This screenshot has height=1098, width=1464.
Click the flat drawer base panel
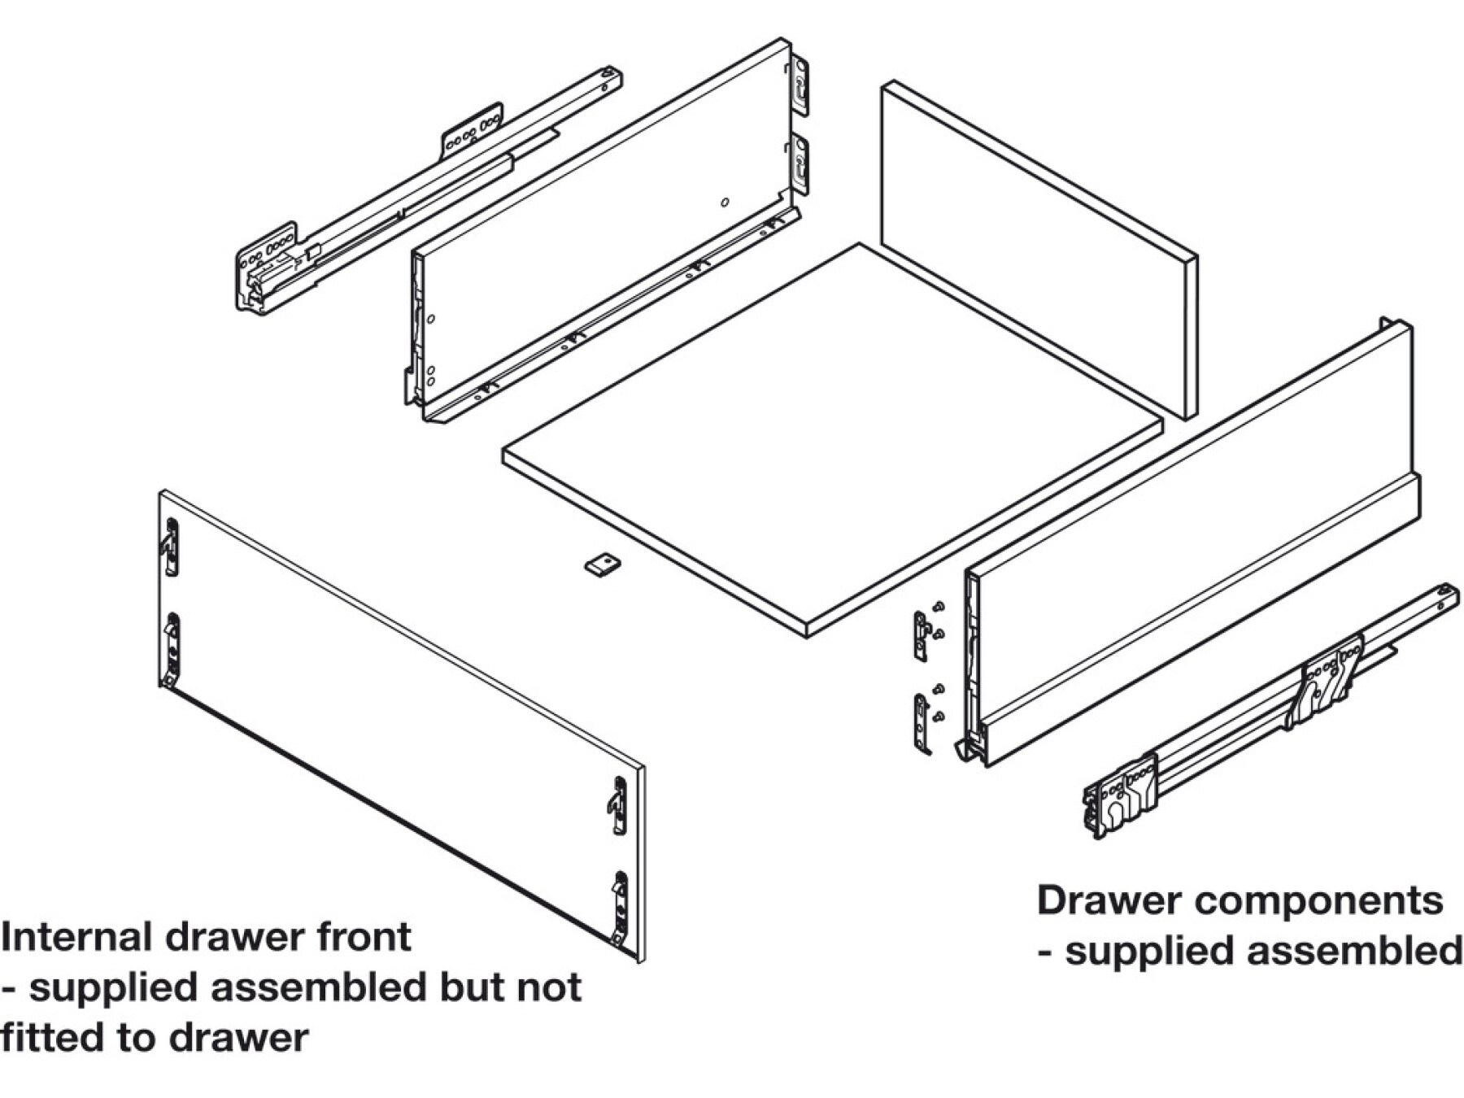click(x=830, y=439)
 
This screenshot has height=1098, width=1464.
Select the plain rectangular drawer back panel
click(x=1039, y=248)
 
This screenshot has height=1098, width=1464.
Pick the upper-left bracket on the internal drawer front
click(x=171, y=547)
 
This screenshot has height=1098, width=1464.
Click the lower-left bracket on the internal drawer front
click(x=172, y=647)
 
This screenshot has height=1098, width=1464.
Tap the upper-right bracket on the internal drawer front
click(x=619, y=804)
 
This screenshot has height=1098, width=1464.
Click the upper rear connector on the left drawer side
click(x=800, y=85)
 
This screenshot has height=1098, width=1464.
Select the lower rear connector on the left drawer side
click(x=800, y=166)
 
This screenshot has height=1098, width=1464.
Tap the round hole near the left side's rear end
click(x=725, y=202)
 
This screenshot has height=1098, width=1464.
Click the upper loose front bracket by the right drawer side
click(x=921, y=634)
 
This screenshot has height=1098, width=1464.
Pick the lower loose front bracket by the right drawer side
click(x=922, y=722)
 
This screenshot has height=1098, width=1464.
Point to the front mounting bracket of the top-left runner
click(x=267, y=264)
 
